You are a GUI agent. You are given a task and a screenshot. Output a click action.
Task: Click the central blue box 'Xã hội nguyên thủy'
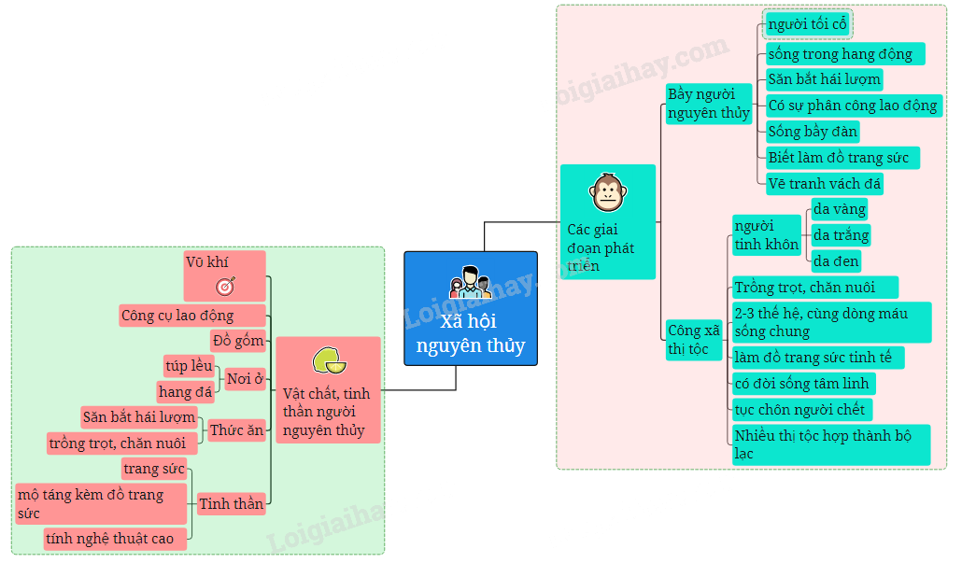tap(471, 308)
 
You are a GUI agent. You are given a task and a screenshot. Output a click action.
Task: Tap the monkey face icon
tap(608, 192)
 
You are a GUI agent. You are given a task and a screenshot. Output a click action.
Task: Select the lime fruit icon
tap(330, 360)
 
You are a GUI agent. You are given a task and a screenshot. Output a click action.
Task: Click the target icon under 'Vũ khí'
tap(225, 286)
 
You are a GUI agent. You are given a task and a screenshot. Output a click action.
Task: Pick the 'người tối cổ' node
tap(807, 24)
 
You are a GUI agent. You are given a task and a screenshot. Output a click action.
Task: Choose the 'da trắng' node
tap(841, 235)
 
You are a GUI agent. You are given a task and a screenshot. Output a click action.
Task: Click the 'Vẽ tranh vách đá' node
tap(825, 184)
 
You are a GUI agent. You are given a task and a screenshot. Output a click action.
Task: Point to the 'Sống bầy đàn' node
tap(813, 132)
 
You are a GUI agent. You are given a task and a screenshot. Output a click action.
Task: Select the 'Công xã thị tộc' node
tap(694, 340)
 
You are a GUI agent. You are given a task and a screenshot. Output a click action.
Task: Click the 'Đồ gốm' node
tap(238, 341)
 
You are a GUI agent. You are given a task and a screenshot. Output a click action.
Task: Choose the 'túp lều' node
tap(189, 366)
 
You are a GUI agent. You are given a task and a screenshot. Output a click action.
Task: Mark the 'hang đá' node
tap(185, 392)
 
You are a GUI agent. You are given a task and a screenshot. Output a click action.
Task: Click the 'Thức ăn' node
tap(236, 430)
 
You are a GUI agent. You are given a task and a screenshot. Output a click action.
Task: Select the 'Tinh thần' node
tap(232, 504)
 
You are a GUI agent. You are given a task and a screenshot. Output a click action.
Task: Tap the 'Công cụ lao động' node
tap(192, 316)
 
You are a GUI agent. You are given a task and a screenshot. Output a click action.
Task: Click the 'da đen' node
tap(836, 261)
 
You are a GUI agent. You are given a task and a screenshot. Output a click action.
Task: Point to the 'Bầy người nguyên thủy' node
tap(709, 104)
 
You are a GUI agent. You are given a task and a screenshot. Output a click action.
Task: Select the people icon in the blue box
tap(471, 283)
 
